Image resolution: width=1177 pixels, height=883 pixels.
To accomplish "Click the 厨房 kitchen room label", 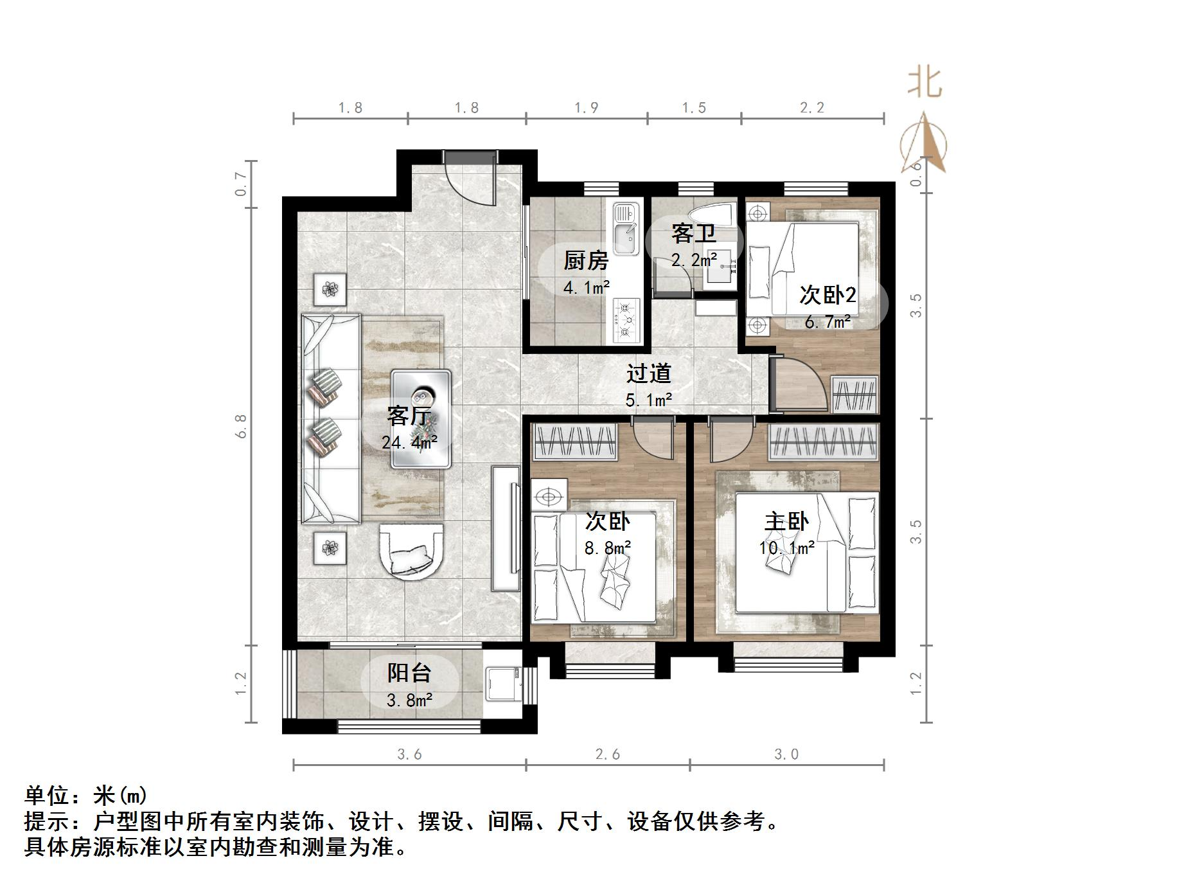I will pos(585,262).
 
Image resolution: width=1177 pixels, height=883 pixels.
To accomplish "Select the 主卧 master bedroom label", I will pos(786,522).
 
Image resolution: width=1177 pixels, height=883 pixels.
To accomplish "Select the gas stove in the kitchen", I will pos(626,319).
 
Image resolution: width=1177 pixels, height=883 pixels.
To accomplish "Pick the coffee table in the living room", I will pos(421,418).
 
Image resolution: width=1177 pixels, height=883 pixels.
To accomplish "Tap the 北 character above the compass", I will pos(925,84).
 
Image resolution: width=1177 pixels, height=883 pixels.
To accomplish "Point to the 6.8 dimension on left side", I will pos(241,426).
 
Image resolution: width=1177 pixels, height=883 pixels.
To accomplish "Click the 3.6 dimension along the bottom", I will pos(409,754).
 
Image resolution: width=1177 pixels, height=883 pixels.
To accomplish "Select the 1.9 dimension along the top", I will pos(586,107).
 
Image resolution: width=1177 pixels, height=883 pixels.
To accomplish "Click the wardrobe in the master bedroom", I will pos(824,441).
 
